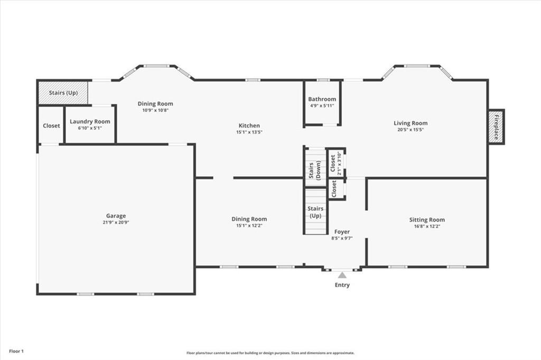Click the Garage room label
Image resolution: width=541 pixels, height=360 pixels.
tap(116, 216)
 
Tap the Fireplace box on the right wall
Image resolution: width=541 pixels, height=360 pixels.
tap(496, 127)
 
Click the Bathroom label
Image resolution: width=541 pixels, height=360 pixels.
tap(322, 99)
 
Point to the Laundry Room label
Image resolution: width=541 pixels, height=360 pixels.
tap(90, 121)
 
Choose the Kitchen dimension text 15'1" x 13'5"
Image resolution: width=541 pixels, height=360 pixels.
tap(249, 132)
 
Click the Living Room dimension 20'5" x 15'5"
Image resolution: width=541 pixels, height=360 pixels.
tap(410, 130)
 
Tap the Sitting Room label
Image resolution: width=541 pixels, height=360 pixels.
tap(427, 220)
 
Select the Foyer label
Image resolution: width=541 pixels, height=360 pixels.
tap(342, 232)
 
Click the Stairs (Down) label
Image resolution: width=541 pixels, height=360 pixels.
tap(315, 170)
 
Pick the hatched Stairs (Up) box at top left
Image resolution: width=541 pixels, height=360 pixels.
tap(62, 92)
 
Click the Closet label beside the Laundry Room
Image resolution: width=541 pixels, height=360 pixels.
tap(51, 126)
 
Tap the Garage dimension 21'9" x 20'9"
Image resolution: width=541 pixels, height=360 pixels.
tap(116, 222)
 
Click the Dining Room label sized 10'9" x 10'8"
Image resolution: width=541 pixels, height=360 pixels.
tap(155, 103)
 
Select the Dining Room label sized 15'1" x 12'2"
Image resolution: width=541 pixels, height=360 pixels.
tap(249, 219)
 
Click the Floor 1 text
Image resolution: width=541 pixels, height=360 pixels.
tap(16, 352)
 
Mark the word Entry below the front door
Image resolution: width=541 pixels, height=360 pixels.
tap(342, 285)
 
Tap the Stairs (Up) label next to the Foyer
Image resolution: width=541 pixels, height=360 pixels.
tap(315, 212)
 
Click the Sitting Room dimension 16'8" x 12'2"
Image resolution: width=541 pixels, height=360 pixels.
tap(427, 226)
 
